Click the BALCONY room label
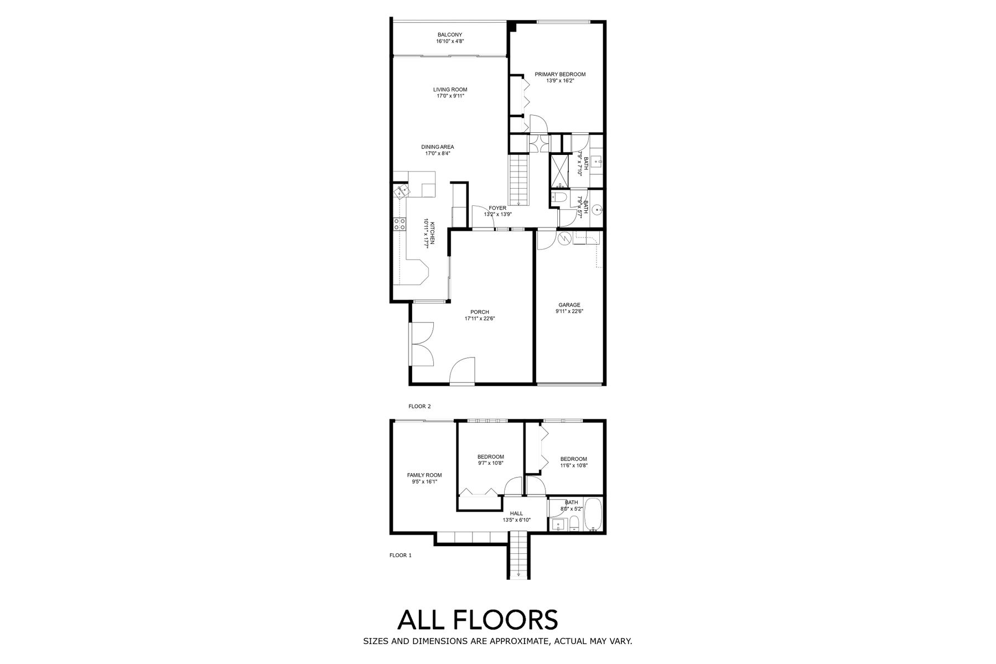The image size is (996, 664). click(449, 35)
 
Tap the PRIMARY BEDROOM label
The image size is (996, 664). click(560, 75)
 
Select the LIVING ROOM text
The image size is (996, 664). click(450, 90)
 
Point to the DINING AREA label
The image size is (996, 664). click(438, 147)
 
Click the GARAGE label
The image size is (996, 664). click(569, 305)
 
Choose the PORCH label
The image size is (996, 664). click(480, 312)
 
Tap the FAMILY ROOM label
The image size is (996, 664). click(424, 475)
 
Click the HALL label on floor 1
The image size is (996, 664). click(516, 513)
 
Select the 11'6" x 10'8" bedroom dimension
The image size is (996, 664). click(574, 466)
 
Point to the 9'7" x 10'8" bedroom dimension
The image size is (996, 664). click(491, 464)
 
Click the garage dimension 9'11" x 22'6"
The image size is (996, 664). click(569, 312)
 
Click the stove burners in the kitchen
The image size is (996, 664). click(399, 224)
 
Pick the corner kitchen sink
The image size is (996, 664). click(401, 191)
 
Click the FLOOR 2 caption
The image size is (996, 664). click(419, 406)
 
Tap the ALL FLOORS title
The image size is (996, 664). click(478, 620)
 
